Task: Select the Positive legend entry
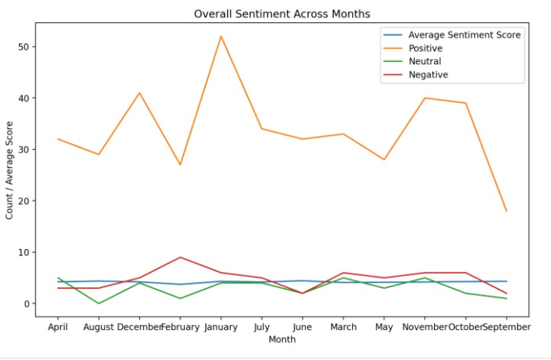click(425, 48)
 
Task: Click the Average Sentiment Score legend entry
click(464, 35)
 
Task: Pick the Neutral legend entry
click(423, 61)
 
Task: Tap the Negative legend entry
click(427, 74)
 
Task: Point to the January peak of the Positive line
click(221, 36)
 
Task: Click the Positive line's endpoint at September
click(506, 211)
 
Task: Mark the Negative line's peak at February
click(180, 258)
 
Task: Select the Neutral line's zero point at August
click(99, 303)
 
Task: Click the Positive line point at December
click(139, 92)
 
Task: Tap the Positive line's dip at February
click(180, 164)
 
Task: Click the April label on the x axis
click(58, 327)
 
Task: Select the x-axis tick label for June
click(303, 327)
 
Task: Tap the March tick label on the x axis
click(343, 327)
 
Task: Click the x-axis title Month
click(282, 339)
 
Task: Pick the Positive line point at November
click(425, 98)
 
